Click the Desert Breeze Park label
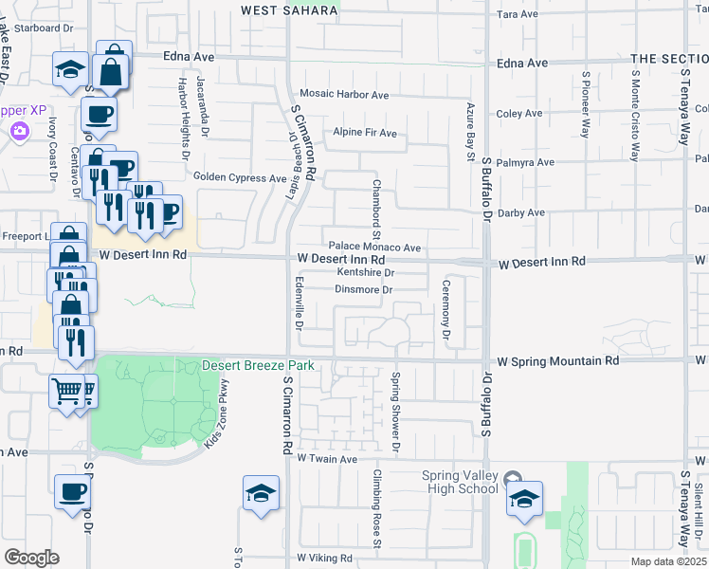[x=257, y=366]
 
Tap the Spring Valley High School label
[x=461, y=482]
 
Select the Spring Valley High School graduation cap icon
[x=524, y=499]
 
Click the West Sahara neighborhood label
[x=289, y=10]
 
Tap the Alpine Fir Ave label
[x=365, y=133]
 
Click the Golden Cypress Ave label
[x=240, y=177]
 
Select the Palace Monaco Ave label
[x=374, y=247]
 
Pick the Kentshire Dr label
[x=365, y=273]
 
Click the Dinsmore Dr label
[x=364, y=289]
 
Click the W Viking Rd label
[x=325, y=559]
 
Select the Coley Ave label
[x=519, y=114]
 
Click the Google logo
[x=32, y=558]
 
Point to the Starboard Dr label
[x=45, y=28]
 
